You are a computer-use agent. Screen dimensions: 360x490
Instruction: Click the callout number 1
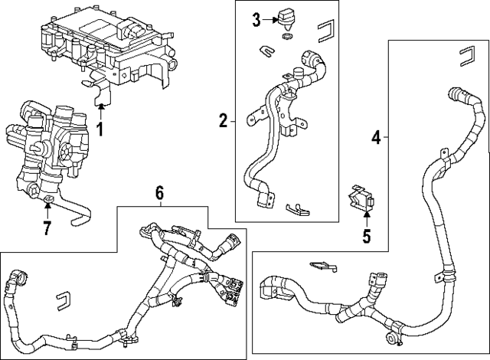(99, 128)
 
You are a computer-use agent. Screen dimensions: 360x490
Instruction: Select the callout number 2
(224, 119)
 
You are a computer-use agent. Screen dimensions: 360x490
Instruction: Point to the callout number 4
(376, 137)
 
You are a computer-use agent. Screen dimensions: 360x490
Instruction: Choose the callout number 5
(366, 236)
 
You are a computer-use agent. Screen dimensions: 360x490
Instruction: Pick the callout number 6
(159, 194)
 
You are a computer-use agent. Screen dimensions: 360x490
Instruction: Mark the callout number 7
(47, 227)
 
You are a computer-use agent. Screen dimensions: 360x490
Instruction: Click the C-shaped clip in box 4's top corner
(466, 55)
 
